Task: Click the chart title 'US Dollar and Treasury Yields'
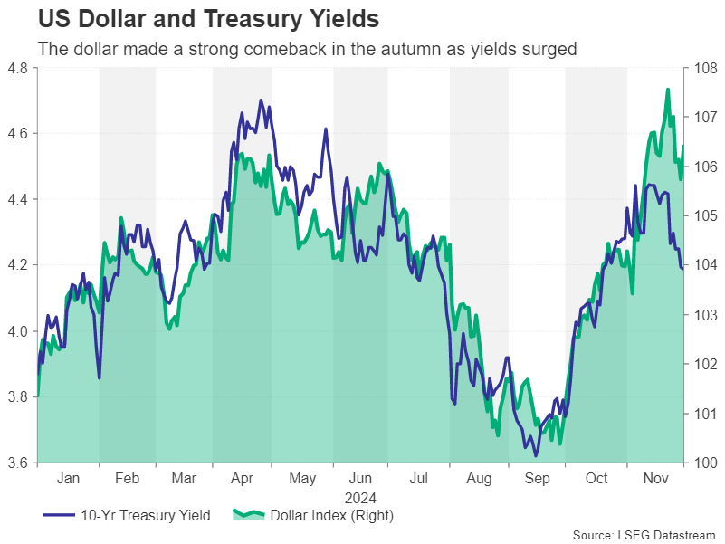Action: pyautogui.click(x=207, y=19)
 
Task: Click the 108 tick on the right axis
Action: pyautogui.click(x=701, y=67)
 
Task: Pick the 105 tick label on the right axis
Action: pyautogui.click(x=701, y=215)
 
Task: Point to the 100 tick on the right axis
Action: pyautogui.click(x=701, y=463)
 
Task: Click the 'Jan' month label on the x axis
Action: pyautogui.click(x=68, y=479)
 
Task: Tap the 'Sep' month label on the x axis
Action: pyautogui.click(x=537, y=479)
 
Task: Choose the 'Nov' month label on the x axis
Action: pyautogui.click(x=654, y=479)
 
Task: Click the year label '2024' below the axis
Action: pyautogui.click(x=360, y=498)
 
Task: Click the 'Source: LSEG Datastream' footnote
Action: pyautogui.click(x=644, y=535)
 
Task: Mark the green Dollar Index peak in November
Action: pyautogui.click(x=668, y=90)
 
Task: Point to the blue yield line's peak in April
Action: pyautogui.click(x=261, y=100)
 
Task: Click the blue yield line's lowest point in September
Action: pyautogui.click(x=536, y=455)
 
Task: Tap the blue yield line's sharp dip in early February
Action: pyautogui.click(x=99, y=377)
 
